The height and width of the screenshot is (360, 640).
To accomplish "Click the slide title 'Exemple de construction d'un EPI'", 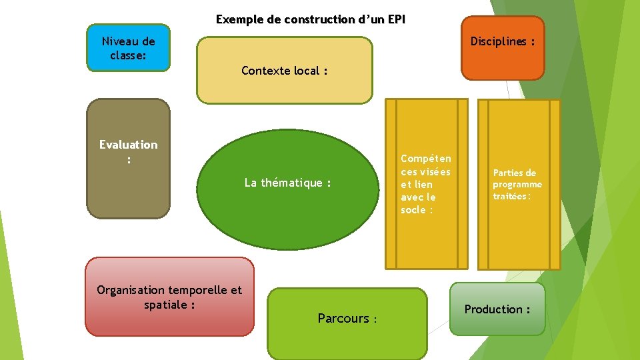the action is pos(310,19).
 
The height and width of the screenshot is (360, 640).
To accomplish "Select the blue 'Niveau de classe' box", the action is pos(128,48).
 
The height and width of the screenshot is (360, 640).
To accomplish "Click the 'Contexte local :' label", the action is pos(284,71).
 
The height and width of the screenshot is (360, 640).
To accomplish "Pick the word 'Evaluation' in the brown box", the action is pos(128,145).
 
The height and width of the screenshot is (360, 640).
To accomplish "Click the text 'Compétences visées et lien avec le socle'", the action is pos(425,184).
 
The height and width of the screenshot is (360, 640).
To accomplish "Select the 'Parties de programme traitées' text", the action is pos(517,184).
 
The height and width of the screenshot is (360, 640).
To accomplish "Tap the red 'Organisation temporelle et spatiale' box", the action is pos(169,297).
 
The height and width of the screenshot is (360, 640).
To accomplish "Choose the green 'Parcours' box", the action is pos(347,323).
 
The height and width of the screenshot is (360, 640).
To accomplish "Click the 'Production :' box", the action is pos(497,309).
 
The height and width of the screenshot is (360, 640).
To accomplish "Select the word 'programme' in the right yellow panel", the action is pos(517,185).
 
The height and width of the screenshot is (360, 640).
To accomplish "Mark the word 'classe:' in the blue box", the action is pos(128,55).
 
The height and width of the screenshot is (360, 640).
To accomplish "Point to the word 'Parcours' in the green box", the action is pos(343,318).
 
